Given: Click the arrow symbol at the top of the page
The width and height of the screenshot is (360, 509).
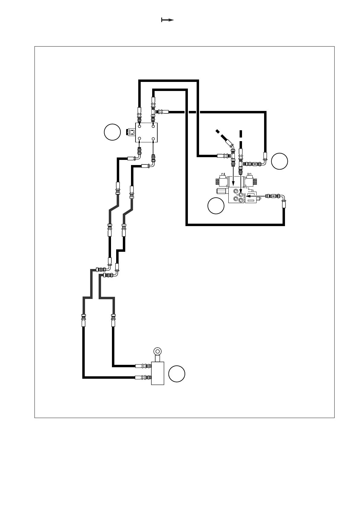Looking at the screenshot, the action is tap(167, 20).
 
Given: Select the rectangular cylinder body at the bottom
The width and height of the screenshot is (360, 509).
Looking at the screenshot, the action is tap(158, 373).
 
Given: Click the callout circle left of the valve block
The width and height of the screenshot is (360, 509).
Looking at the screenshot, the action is tap(112, 132).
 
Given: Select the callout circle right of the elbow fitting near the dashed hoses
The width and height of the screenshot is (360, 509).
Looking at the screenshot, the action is tap(279, 161).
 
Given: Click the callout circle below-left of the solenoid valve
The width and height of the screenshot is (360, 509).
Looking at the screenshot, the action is tap(216, 206).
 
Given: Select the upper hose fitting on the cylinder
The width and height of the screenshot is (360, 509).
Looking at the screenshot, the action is tap(143, 366).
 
